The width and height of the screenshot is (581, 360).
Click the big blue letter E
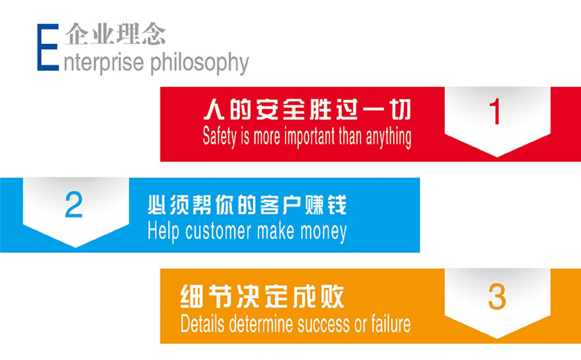48,47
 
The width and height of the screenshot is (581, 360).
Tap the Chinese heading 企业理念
115,34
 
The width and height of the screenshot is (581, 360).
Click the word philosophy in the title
199,63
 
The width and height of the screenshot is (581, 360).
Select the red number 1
495,111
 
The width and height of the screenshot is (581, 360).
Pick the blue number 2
74,204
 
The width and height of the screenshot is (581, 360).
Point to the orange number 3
497,297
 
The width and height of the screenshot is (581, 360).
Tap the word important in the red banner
310,137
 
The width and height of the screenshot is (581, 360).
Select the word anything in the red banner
388,137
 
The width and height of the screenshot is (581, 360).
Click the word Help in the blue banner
164,231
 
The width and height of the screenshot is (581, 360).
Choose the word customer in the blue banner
218,231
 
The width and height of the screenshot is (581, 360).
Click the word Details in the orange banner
202,323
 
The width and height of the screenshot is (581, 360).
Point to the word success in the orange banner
324,325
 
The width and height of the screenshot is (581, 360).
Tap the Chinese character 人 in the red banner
214,110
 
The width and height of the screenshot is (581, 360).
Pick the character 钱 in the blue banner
337,205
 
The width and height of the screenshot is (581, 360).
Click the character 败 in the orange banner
333,296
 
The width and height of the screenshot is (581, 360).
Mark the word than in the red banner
350,136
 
